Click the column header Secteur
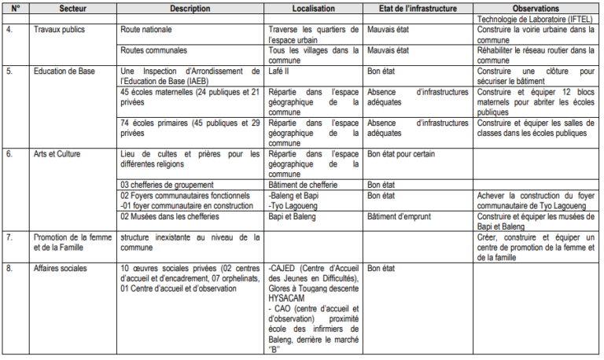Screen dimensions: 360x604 pyautogui.click(x=62, y=9)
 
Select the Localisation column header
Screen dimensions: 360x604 pyautogui.click(x=311, y=9)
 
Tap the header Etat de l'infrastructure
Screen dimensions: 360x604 pyautogui.click(x=417, y=9)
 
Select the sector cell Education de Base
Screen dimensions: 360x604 pyautogui.click(x=65, y=71)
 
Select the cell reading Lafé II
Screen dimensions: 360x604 pyautogui.click(x=278, y=71)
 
